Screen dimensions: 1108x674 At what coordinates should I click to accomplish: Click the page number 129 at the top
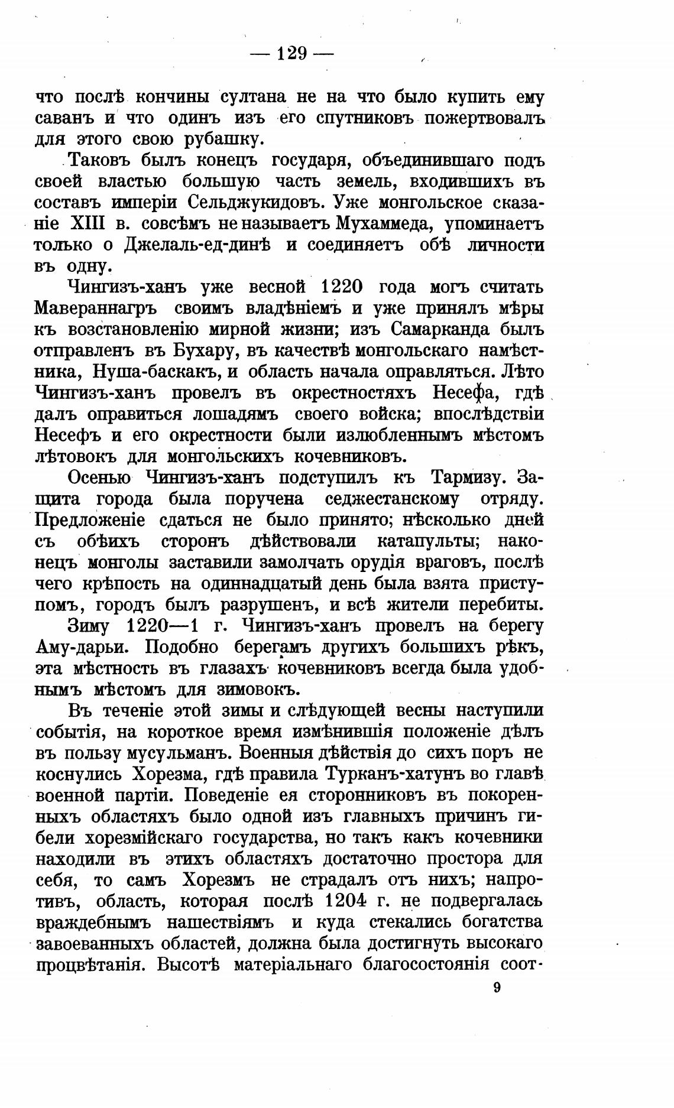point(291,54)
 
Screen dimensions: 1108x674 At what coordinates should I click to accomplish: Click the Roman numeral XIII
point(88,224)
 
